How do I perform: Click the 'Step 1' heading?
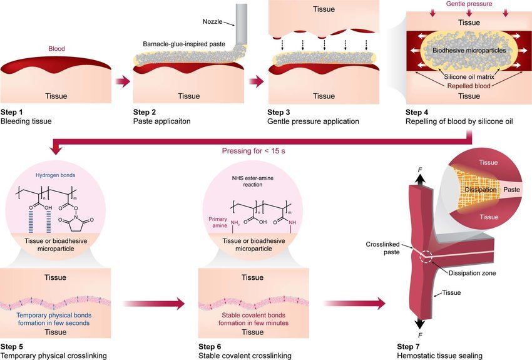[x=13, y=112]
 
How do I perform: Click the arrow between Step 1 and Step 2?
[x=124, y=81]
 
